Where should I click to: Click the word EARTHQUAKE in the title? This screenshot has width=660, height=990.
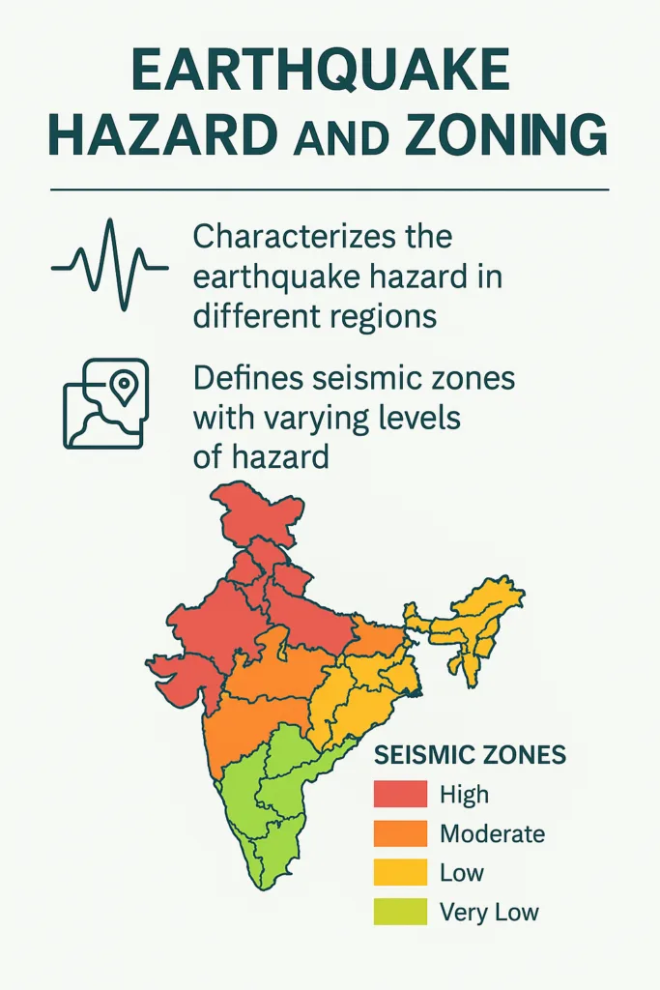319,74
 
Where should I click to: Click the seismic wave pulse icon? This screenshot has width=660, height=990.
110,264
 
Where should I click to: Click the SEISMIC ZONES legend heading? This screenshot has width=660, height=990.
470,754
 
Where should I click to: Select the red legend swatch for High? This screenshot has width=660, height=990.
400,795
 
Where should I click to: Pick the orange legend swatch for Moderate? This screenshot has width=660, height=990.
400,833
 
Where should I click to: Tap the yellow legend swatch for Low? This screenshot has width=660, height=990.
400,873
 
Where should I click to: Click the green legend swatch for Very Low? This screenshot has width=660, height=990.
400,912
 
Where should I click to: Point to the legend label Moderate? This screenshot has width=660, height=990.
492,833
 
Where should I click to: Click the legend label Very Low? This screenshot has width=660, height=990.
489,912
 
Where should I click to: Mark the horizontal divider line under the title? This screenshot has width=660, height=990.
330,189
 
